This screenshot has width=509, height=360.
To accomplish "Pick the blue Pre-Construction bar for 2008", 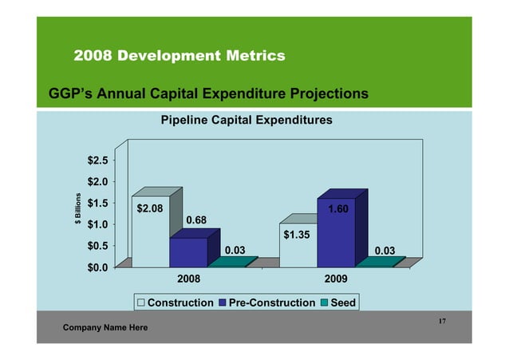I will [x=188, y=251].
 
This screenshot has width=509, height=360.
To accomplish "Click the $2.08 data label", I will [x=150, y=209].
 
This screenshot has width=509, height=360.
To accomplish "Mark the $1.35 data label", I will [x=298, y=235].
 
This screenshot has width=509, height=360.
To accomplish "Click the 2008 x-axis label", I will [x=187, y=281].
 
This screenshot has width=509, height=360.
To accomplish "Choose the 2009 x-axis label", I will [x=336, y=281].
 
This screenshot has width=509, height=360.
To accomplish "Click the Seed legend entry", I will [x=337, y=303].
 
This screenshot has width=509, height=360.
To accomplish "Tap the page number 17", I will [x=441, y=320].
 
